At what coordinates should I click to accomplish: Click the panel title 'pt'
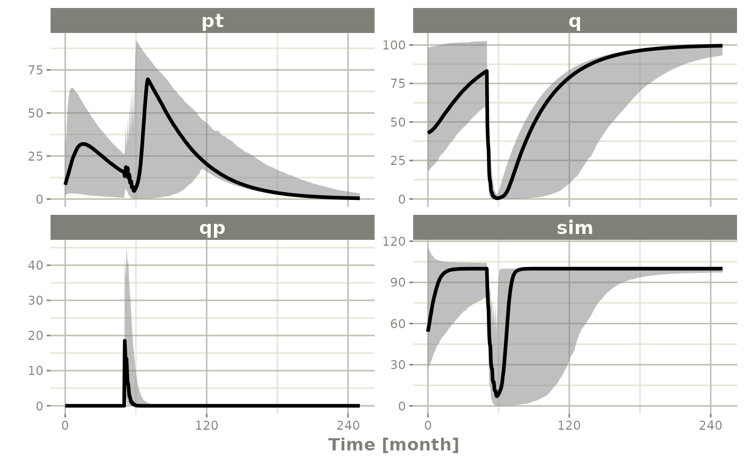pos(212,21)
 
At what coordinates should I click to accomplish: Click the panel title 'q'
pos(575,21)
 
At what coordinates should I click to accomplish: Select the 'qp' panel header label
pos(212,228)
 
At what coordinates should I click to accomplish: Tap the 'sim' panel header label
pos(575,228)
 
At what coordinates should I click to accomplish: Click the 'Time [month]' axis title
pos(393,445)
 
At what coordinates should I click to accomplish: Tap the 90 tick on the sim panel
pos(396,282)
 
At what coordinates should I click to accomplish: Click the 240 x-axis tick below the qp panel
pos(347,425)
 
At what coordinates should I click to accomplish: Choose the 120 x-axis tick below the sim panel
pos(569,425)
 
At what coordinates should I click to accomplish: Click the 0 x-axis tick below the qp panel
pos(65,425)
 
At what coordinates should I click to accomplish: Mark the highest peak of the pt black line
pos(147,80)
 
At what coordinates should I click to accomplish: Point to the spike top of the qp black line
pos(125,341)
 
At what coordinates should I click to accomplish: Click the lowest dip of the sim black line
pos(497,396)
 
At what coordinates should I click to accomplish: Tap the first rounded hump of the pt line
pos(82,144)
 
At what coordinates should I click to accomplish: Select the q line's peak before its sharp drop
pos(486,71)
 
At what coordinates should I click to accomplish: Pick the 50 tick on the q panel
pos(396,122)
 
